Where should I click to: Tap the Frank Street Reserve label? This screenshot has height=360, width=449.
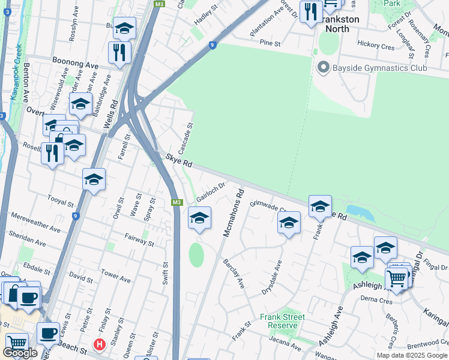tap(283, 321)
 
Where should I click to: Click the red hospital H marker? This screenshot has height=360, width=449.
tap(99, 344)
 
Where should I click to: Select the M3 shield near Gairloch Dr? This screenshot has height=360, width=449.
tap(176, 202)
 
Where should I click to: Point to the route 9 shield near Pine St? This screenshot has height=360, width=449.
tap(212, 44)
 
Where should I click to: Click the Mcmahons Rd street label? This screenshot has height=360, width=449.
tap(234, 213)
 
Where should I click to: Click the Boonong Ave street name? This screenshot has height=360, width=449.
tap(75, 62)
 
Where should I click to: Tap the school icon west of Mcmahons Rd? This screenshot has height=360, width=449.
tap(199, 218)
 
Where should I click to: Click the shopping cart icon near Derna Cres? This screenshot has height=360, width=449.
tap(396, 279)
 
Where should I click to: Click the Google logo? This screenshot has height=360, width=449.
tap(20, 353)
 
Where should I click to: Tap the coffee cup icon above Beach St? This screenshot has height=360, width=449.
tap(48, 333)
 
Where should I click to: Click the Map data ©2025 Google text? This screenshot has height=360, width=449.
tap(411, 355)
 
